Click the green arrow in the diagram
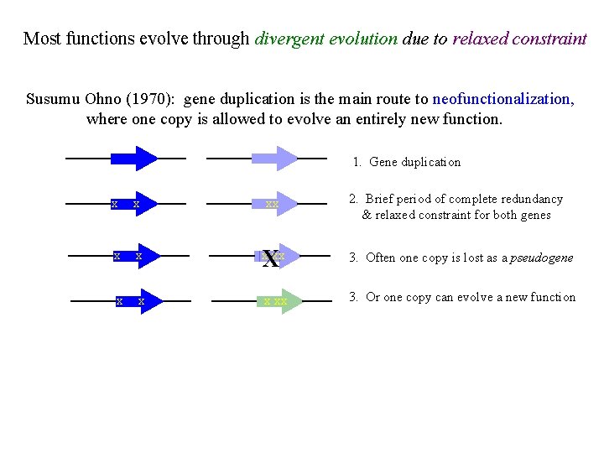[x=278, y=300]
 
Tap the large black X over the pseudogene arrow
[x=271, y=258]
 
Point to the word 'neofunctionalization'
[x=502, y=99]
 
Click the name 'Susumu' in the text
[x=53, y=99]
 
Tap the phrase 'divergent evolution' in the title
[x=325, y=39]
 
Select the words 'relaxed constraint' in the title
[x=519, y=39]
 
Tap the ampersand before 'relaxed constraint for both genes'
[x=367, y=215]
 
